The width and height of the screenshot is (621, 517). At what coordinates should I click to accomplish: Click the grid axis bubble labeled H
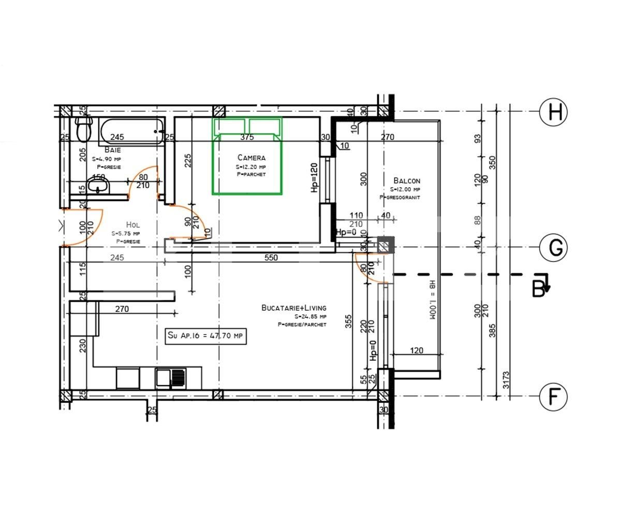554,112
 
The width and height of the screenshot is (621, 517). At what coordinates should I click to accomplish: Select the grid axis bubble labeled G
554,248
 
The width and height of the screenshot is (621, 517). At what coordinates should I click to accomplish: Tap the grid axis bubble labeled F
554,397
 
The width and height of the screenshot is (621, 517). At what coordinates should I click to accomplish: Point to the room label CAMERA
251,158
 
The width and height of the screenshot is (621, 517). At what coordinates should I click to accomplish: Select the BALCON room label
406,181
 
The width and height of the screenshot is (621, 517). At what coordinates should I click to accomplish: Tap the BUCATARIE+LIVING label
293,308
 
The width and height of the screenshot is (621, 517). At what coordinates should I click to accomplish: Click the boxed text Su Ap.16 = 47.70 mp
205,336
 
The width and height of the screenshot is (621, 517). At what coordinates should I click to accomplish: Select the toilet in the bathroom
83,129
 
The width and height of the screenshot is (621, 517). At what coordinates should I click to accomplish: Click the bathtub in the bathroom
131,132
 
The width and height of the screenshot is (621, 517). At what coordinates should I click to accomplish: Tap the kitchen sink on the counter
171,377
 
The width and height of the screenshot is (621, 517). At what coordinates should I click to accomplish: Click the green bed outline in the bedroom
247,157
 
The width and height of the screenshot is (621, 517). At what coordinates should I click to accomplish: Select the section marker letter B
538,290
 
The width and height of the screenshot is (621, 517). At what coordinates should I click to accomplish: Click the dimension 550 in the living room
271,257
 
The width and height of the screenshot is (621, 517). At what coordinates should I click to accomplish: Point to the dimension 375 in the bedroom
247,138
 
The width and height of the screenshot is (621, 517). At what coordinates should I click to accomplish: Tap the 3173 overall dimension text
506,382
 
